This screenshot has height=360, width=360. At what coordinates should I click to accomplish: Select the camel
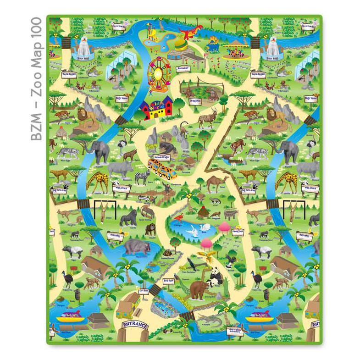click(x=216, y=183)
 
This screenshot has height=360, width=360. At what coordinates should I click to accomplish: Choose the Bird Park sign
click(x=168, y=281)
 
